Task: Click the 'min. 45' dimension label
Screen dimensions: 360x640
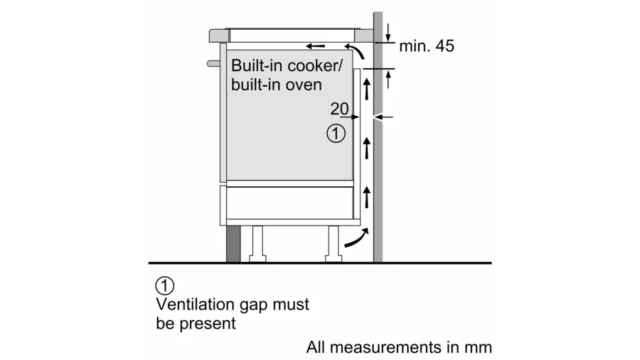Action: tap(426, 46)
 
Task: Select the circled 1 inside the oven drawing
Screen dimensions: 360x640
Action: tap(336, 133)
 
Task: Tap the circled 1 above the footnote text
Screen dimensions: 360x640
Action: tap(164, 286)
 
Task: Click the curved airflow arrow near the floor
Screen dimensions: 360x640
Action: tap(356, 238)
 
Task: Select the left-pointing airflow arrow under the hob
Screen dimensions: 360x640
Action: tap(316, 46)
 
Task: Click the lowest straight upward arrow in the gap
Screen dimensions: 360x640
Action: tap(367, 194)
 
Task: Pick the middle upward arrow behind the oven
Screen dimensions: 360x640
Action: tap(367, 148)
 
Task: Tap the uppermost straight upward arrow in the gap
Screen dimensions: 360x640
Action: tap(367, 89)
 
